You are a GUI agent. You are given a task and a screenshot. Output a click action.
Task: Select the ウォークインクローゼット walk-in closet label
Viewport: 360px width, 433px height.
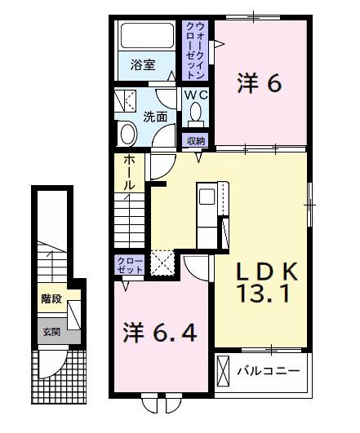click(195, 50)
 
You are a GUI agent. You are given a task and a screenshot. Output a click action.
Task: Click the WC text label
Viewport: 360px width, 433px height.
click(196, 95)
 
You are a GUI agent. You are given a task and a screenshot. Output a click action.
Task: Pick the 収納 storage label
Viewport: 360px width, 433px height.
click(195, 140)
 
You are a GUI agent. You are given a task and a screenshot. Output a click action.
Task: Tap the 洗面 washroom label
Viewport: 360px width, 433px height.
click(156, 117)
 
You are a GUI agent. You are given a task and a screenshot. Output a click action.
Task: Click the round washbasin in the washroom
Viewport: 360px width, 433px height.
click(129, 134)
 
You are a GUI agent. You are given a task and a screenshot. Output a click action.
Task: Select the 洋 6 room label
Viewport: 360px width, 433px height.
click(260, 83)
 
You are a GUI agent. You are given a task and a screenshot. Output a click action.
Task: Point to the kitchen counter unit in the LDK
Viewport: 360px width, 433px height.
click(207, 207)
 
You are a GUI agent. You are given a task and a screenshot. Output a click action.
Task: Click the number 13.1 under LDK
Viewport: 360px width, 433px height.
click(263, 293)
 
